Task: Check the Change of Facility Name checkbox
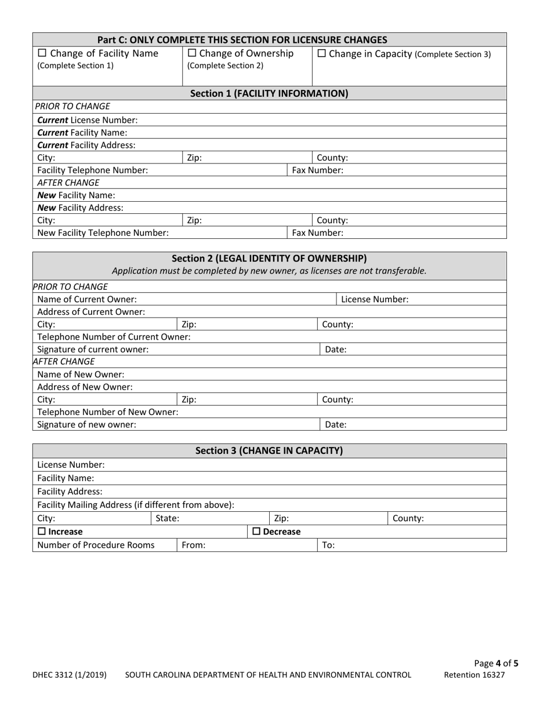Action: click(42, 54)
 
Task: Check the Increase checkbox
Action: click(42, 532)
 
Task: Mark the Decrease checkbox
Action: click(256, 532)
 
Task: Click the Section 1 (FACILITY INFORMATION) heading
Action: click(269, 93)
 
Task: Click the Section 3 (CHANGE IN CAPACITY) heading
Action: click(269, 450)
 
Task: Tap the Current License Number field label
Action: click(88, 120)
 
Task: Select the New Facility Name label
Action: click(76, 195)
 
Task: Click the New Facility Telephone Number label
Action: click(103, 233)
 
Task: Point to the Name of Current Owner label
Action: click(87, 299)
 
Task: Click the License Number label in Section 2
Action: click(375, 299)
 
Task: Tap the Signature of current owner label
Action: click(93, 350)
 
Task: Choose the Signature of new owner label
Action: click(87, 424)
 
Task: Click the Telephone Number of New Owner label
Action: click(108, 412)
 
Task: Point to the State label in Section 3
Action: click(168, 519)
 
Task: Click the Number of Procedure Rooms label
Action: click(96, 545)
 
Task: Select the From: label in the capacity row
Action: click(194, 545)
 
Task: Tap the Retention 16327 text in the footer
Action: click(474, 675)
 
